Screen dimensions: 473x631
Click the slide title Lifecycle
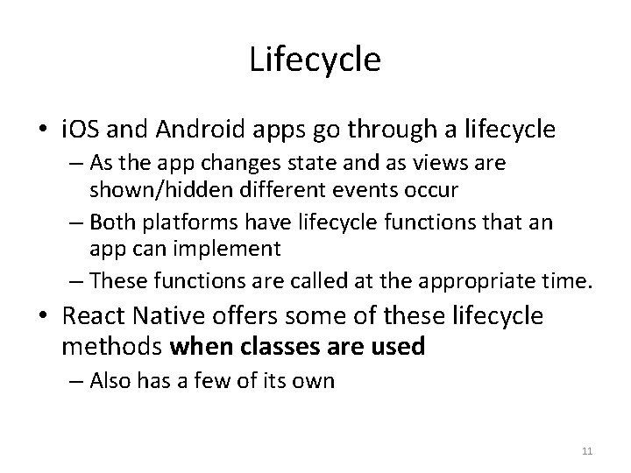tap(315, 60)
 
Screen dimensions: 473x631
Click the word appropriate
tap(476, 281)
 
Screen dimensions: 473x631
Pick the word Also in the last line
tap(110, 382)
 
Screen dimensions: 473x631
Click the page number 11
tap(588, 450)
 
